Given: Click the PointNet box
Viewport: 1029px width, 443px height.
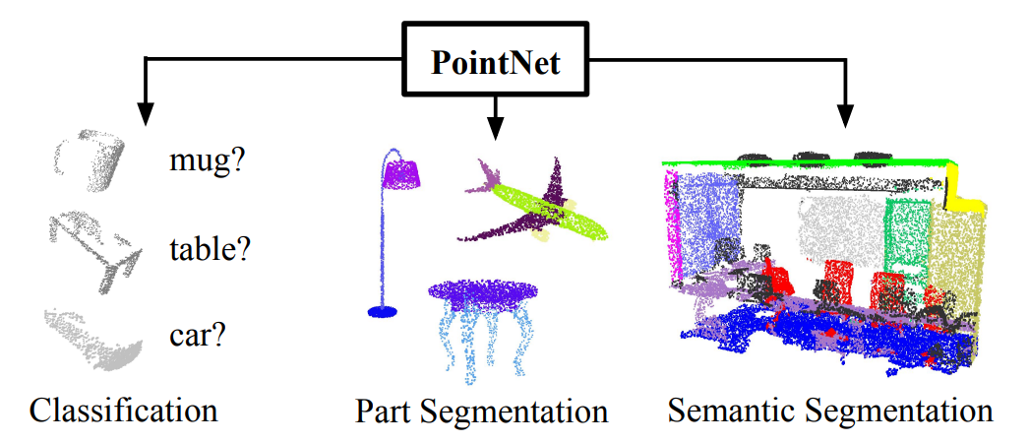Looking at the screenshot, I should [x=496, y=64].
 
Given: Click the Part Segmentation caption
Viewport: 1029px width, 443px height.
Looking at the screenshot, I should [x=482, y=410].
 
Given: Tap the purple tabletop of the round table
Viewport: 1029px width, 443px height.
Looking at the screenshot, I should [x=482, y=291].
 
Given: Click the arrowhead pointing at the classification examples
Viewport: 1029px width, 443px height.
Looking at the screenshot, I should [x=146, y=114].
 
